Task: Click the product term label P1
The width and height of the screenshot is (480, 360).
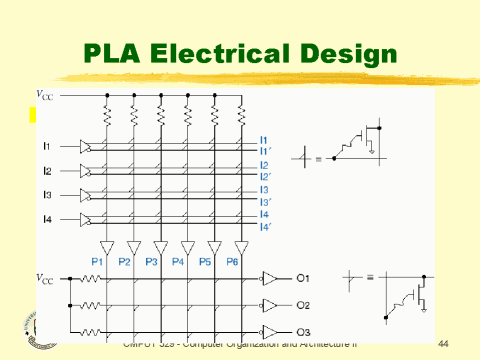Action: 98,262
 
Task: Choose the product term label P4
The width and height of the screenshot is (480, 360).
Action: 178,262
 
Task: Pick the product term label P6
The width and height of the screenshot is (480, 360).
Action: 232,262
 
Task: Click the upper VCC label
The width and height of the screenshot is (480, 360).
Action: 46,96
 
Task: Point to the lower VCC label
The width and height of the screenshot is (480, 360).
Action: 46,278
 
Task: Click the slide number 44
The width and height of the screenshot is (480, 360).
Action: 446,343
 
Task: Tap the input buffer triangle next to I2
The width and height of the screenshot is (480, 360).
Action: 86,171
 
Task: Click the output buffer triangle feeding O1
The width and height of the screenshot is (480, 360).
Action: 268,279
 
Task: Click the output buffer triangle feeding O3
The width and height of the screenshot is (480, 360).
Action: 268,331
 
